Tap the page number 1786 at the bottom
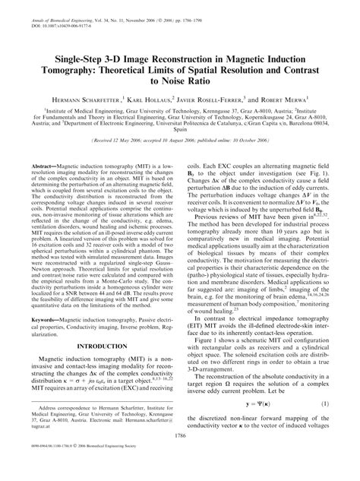(x=179, y=456)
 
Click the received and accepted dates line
(x=180, y=141)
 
